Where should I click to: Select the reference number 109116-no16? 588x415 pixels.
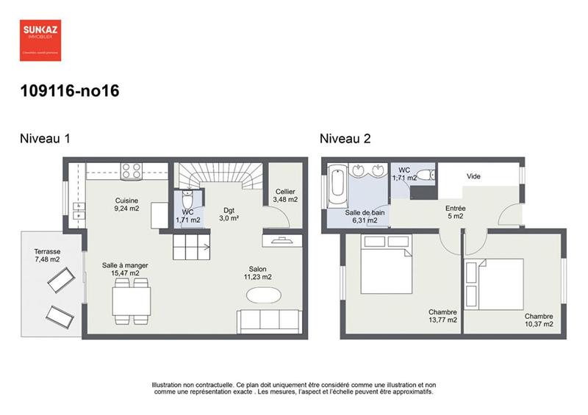70,92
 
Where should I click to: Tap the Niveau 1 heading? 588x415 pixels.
45,138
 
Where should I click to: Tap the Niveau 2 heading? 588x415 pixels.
345,138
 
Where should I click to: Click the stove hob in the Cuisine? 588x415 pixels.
132,170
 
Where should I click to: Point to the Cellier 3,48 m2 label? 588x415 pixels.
285,195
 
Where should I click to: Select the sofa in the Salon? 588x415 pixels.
269,322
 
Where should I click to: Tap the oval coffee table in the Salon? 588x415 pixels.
263,295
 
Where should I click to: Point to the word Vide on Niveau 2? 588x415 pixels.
473,177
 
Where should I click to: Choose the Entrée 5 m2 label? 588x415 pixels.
455,212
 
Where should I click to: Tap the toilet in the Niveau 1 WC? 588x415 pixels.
187,199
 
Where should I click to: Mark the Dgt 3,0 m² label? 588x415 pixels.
230,214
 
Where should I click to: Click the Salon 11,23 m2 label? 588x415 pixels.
257,273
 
